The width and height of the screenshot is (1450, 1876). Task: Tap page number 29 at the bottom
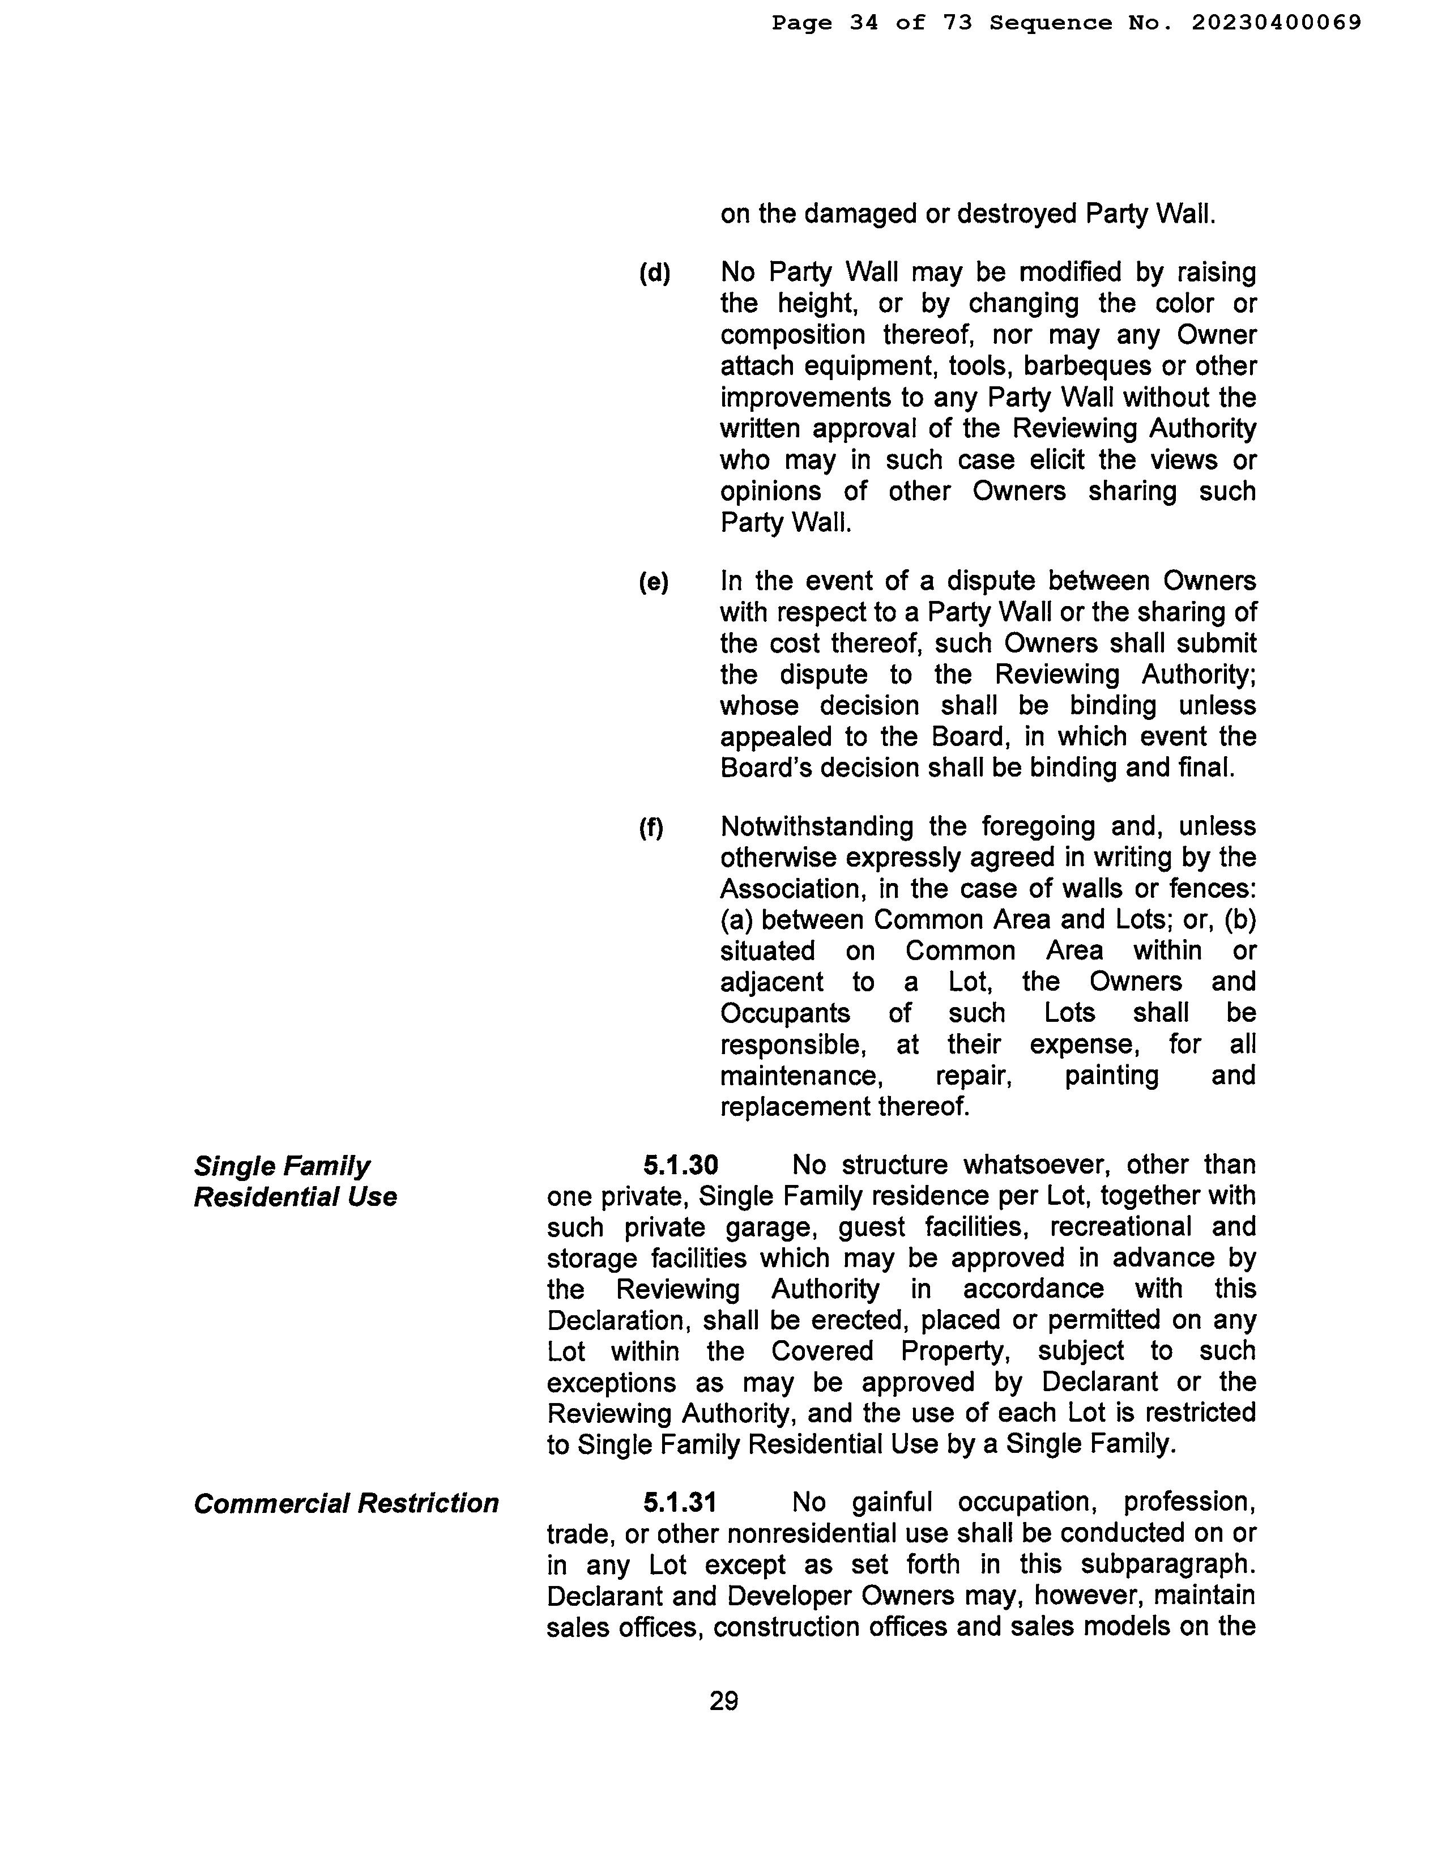[723, 1700]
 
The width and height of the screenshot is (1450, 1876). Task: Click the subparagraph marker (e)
[653, 582]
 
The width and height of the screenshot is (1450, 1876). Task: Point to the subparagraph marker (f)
[651, 827]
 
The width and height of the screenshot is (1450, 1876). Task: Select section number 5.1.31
[680, 1502]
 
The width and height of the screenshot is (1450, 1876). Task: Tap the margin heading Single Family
[282, 1166]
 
